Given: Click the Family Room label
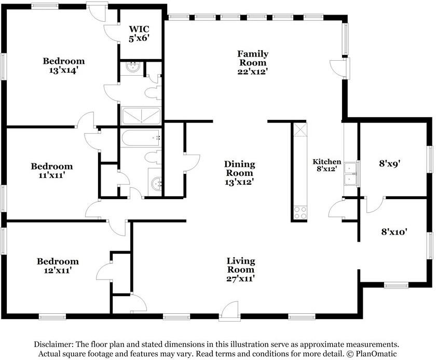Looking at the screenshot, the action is (252, 63).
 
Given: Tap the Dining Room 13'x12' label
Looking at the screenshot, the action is (239, 173).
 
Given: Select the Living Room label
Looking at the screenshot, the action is (240, 270).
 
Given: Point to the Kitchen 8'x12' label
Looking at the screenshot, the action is (326, 165).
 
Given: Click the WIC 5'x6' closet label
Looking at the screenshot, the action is (139, 33).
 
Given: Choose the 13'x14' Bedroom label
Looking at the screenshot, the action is (63, 65).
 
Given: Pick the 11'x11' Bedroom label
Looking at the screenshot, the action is (52, 171).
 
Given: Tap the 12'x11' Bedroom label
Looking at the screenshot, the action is (58, 266).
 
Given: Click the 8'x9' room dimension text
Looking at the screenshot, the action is (390, 163).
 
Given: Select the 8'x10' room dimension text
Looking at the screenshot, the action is (394, 231).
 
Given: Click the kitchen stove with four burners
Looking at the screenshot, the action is (301, 212).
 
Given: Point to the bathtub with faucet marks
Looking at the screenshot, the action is (141, 139).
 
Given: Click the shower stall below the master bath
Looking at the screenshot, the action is (141, 116).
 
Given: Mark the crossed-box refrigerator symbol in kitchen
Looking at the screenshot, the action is (301, 130).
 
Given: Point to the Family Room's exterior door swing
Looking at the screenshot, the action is (338, 67).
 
